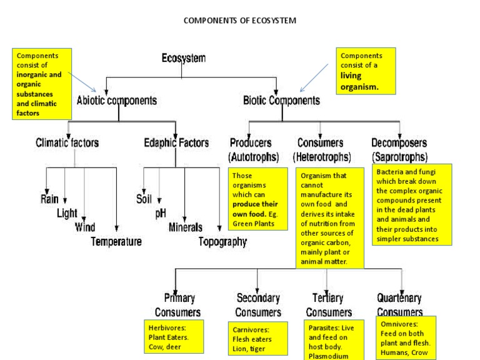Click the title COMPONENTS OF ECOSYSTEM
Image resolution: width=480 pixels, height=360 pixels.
tap(240, 21)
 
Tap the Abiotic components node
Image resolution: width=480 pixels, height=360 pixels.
tap(116, 99)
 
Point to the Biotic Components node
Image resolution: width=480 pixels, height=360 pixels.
tap(281, 99)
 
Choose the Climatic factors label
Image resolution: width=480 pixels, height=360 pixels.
tap(67, 142)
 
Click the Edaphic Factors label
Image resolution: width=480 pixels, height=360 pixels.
tap(176, 142)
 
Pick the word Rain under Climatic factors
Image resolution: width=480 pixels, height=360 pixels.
tap(50, 199)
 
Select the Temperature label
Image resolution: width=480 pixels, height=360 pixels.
tap(116, 241)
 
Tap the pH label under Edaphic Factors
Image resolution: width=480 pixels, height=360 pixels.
tap(161, 213)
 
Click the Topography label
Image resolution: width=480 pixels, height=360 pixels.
tap(222, 241)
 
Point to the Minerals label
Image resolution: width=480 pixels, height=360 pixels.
tap(186, 227)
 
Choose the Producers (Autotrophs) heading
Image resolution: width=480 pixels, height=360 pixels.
tap(254, 148)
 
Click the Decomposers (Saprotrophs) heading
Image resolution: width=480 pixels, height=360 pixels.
tap(399, 148)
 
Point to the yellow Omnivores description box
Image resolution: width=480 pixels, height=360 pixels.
tap(406, 338)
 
